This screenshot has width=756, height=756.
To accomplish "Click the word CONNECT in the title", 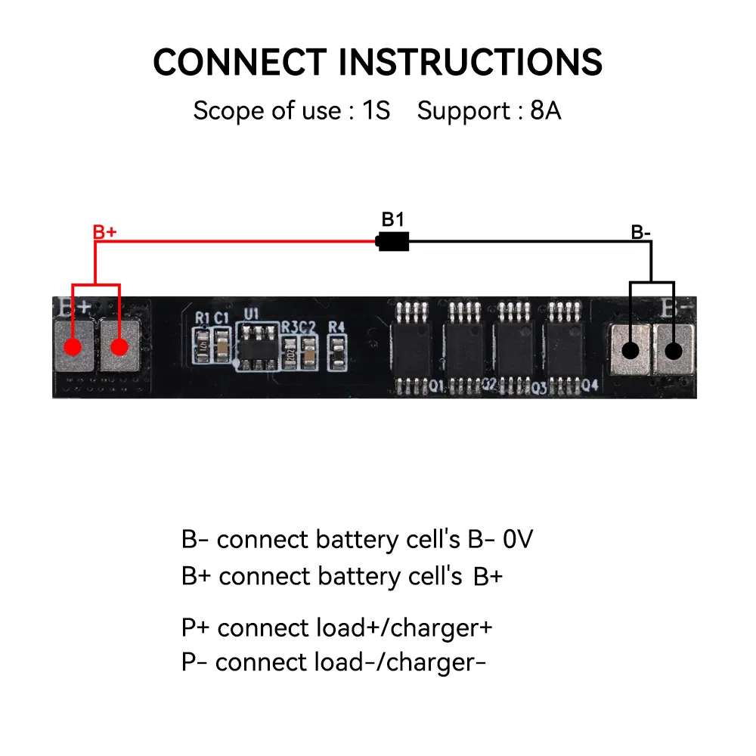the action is click(x=240, y=62).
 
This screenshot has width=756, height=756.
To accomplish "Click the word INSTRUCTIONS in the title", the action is click(x=470, y=62).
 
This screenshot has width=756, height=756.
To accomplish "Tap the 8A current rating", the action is click(x=545, y=110).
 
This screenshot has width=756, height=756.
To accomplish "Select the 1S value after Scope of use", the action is click(x=376, y=110).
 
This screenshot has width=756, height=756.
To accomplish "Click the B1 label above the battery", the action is click(x=392, y=219).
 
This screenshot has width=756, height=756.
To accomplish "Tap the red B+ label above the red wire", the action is click(x=104, y=232).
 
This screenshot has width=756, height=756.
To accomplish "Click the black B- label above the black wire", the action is click(x=641, y=232).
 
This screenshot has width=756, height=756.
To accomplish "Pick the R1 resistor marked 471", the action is click(x=202, y=345).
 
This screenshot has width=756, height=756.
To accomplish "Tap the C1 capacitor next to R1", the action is click(x=222, y=345).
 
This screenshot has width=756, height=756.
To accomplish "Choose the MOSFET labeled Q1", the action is click(x=412, y=348).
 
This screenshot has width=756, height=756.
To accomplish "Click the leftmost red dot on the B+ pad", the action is click(x=73, y=347).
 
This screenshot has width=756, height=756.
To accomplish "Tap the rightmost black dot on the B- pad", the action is click(x=673, y=351).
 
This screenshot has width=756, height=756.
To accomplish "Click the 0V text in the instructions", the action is click(x=518, y=539).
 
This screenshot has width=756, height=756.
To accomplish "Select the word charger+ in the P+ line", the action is click(x=442, y=627).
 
